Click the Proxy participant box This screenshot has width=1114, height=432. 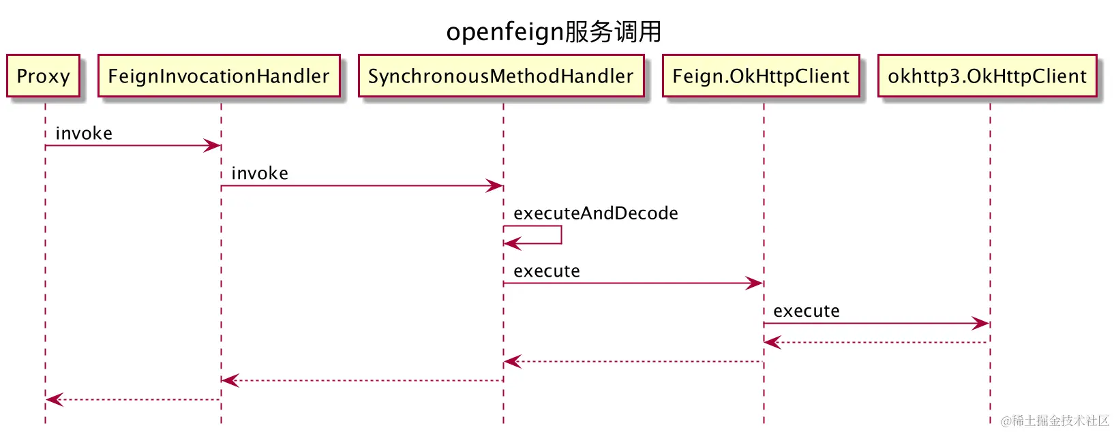point(43,76)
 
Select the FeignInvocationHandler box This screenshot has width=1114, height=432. point(219,76)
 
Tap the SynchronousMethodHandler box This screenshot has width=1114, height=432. point(501,76)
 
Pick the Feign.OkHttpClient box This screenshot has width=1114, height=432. point(761,76)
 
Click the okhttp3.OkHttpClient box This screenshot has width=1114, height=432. point(987,76)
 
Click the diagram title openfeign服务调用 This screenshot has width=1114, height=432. point(554,32)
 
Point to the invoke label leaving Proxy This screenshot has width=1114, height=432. point(84,134)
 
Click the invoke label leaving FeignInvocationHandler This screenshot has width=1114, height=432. point(260,174)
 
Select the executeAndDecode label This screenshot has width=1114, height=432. point(595,213)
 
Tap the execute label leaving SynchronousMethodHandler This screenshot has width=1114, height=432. point(547,271)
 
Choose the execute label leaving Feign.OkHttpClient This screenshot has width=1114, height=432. point(807,311)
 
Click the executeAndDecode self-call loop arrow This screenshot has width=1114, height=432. point(560,235)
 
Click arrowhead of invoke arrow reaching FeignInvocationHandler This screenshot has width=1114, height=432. point(213,146)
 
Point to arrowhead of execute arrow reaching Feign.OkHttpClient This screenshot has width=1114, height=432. point(755,283)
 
